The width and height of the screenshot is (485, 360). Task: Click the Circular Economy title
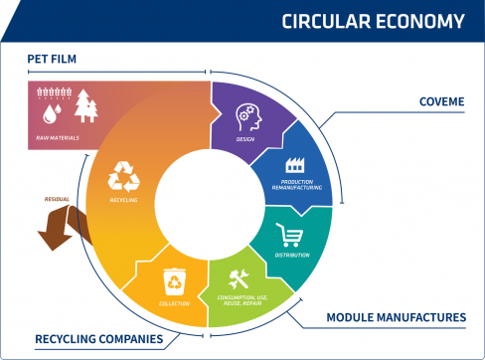(373, 21)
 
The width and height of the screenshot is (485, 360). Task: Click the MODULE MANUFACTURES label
(397, 318)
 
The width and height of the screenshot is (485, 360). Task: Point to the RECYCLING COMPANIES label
(99, 339)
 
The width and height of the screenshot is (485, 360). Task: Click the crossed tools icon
(240, 278)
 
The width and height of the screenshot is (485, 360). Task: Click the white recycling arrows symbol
(125, 176)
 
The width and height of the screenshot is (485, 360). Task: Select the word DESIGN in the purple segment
(244, 140)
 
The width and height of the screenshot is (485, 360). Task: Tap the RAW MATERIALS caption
(56, 138)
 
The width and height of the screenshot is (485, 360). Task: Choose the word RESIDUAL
(58, 199)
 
